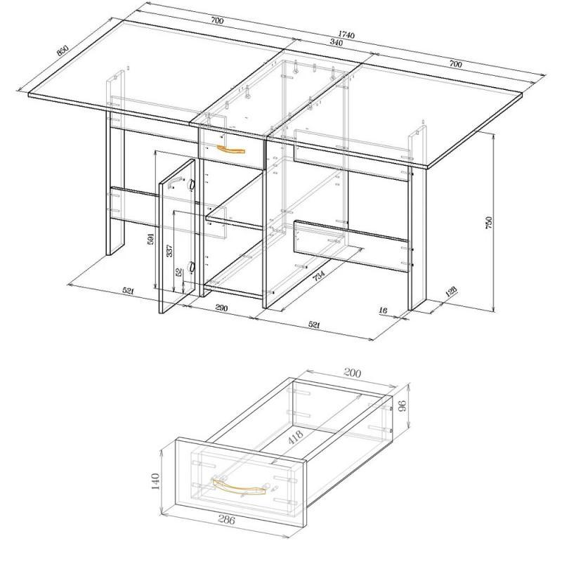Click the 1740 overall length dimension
pos(346,34)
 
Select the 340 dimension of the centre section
pos(336,42)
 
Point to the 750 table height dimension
pos(489,222)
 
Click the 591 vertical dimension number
pos(150,239)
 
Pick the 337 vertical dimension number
pos(169,251)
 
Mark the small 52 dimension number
pos(179,272)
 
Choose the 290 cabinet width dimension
pos(221,308)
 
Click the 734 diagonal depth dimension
pos(319,275)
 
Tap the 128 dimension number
pos(451,292)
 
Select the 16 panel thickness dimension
pos(383,311)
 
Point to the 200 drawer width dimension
pos(352,373)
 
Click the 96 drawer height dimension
pos(402,405)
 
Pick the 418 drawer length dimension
pos(296,437)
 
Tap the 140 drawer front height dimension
pos(155,481)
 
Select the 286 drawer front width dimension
pos(226,520)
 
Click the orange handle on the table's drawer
pos(230,150)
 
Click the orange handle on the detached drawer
pos(239,487)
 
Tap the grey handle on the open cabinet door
pos(174,183)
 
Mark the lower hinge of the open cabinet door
pos(191,267)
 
